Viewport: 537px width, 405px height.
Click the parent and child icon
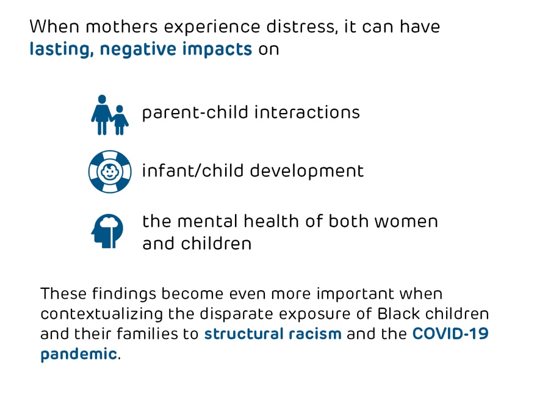point(110,115)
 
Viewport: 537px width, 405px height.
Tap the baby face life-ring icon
point(110,172)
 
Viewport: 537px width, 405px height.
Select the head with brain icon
point(107,231)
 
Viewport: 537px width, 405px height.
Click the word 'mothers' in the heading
point(121,27)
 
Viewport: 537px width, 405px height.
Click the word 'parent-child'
point(195,113)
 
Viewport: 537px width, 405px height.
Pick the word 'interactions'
point(307,112)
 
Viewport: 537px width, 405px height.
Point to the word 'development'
point(306,171)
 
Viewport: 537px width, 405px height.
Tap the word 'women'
point(406,222)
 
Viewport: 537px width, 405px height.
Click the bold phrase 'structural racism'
point(273,334)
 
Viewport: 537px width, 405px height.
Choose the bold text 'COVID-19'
point(450,334)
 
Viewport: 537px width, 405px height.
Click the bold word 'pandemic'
point(79,354)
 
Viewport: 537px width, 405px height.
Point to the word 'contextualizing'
point(102,314)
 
